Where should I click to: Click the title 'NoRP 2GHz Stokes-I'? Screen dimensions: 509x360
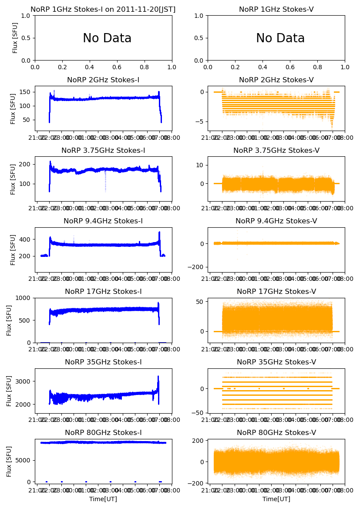(103, 80)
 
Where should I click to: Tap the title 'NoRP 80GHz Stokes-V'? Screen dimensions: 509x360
(276, 433)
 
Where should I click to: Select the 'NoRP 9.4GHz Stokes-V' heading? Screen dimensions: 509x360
(276, 221)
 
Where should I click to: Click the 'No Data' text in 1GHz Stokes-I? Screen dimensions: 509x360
(107, 38)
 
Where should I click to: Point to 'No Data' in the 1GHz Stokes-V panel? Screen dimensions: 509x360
(280, 38)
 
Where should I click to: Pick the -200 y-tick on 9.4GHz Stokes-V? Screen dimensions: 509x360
(198, 267)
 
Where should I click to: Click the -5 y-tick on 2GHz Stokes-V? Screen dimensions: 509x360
(202, 121)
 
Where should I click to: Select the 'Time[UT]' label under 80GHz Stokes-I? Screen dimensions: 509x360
(103, 499)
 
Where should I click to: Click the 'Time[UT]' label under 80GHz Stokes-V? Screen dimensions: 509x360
(276, 499)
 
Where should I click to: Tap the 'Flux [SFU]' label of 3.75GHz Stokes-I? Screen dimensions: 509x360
(13, 179)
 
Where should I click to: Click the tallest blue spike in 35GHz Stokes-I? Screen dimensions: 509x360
(158, 377)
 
